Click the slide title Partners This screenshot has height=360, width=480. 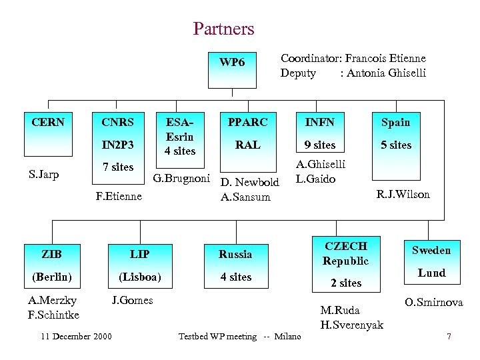[223, 29]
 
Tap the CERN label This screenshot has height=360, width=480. [48, 122]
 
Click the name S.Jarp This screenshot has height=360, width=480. [43, 175]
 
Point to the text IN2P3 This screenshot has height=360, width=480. [117, 145]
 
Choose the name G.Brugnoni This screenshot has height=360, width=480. [182, 178]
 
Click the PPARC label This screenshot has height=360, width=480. [248, 122]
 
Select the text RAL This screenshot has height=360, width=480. [248, 145]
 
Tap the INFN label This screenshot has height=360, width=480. [319, 122]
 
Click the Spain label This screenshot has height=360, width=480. [395, 122]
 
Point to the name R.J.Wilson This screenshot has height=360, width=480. [403, 195]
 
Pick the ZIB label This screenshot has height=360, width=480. [51, 254]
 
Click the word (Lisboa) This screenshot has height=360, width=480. [139, 277]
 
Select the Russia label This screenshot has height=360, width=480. [235, 254]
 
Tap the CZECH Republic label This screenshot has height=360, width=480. [345, 253]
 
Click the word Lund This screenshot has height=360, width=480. [431, 273]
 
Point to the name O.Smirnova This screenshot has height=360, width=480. [433, 302]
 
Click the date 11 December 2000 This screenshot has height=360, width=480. [75, 336]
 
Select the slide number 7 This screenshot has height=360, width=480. [449, 337]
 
